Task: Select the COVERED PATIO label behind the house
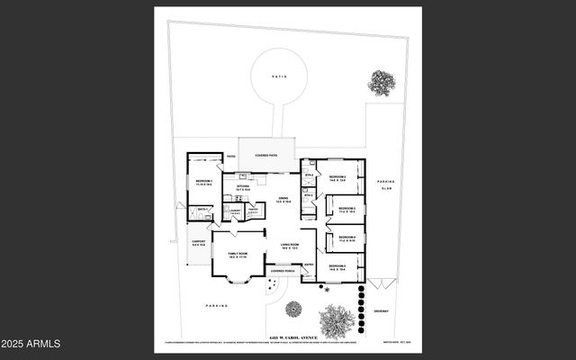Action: click(265, 155)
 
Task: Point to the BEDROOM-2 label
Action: click(337, 177)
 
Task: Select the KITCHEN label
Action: click(243, 187)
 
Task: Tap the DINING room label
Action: click(283, 200)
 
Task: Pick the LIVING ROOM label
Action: click(290, 246)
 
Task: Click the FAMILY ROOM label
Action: click(238, 255)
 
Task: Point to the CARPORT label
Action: click(199, 242)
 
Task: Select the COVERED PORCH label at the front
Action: click(283, 270)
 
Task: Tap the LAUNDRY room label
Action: click(235, 211)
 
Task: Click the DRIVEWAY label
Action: click(382, 311)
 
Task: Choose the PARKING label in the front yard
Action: click(216, 306)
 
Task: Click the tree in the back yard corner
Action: click(382, 83)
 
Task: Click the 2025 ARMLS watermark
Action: click(31, 344)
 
